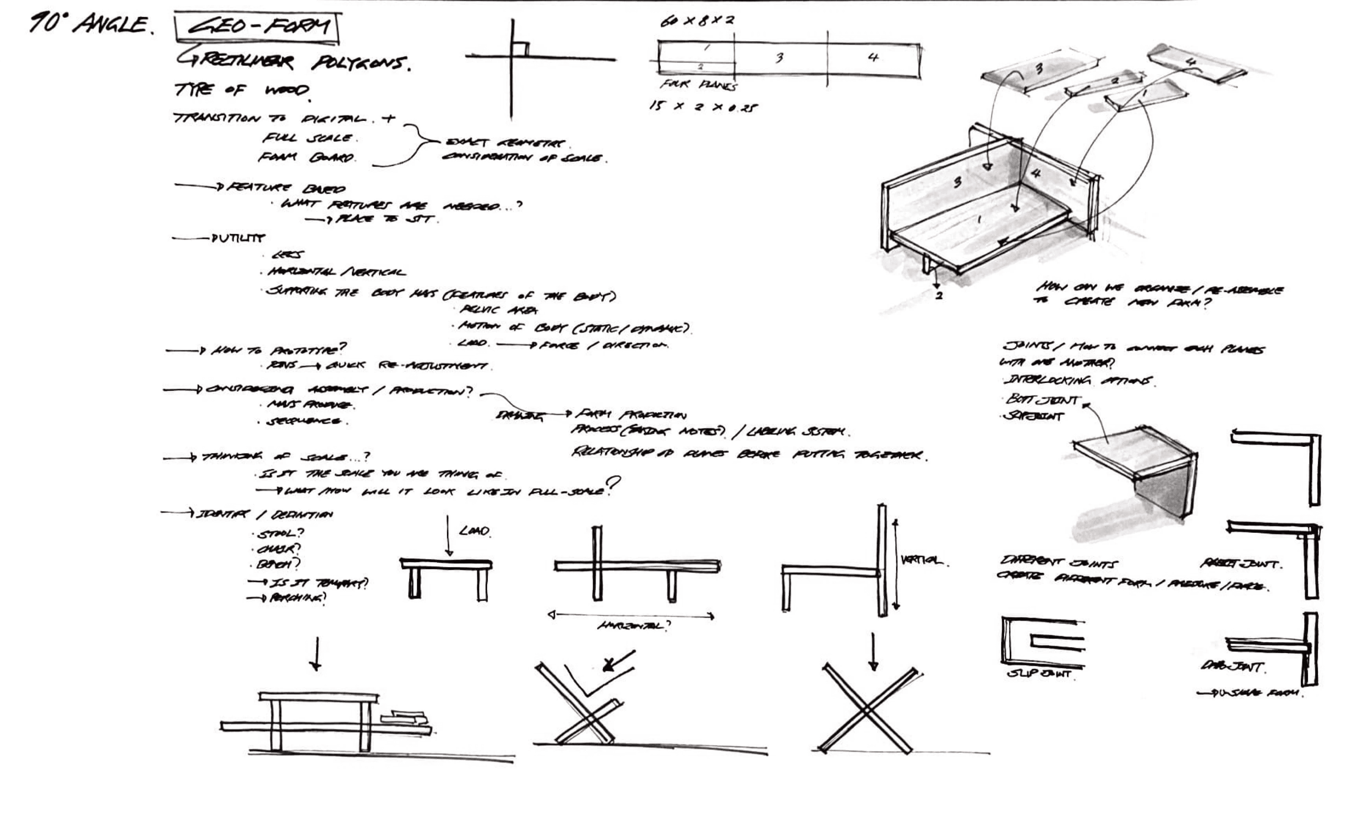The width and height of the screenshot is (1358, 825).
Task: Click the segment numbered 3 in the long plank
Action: pos(779,58)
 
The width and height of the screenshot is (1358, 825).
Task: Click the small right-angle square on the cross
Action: pos(520,49)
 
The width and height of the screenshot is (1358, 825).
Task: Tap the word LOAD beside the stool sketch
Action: pos(474,531)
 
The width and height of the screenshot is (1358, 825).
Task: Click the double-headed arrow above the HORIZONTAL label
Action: pos(631,615)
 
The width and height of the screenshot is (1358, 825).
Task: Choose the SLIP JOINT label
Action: pos(1039,674)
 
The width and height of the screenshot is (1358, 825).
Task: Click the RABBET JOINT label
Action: pos(1240,564)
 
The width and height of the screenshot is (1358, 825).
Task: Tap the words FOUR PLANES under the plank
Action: pos(698,85)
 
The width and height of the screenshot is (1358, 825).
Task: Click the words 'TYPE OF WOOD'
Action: pos(242,90)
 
